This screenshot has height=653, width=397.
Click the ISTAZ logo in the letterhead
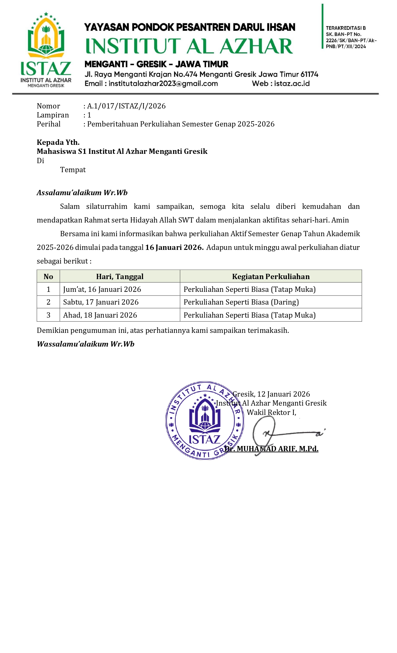point(46,50)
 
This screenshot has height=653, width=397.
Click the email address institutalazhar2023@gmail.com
point(163,84)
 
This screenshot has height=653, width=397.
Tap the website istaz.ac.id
point(292,84)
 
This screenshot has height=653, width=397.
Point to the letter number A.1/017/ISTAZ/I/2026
point(126,106)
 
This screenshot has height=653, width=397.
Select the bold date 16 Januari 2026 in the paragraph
point(174,247)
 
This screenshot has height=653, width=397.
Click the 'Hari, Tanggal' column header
point(120,277)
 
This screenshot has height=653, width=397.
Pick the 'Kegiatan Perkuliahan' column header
point(271,277)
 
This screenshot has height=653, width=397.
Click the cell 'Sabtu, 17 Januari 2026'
point(101,302)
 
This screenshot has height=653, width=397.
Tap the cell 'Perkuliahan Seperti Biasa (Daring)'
point(241,302)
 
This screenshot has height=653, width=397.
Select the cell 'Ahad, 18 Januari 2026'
point(100,315)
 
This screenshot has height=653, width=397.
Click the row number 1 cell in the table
point(48,289)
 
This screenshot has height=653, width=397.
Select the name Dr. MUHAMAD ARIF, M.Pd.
point(271,449)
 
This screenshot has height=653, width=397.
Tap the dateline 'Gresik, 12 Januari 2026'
point(271,394)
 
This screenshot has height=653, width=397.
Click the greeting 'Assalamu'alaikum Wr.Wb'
point(82,193)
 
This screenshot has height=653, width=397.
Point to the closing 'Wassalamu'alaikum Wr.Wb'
point(86,344)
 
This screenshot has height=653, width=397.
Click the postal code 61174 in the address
point(309,75)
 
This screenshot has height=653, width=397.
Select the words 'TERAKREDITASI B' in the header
point(346,28)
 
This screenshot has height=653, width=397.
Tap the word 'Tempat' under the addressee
point(73,170)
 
